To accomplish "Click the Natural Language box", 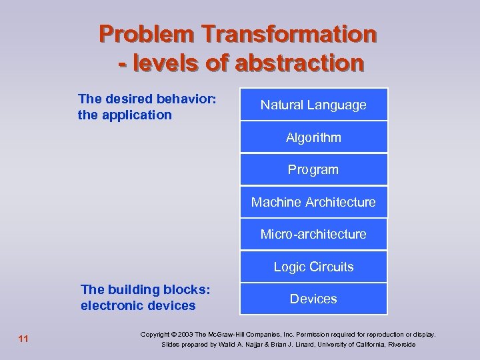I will pyautogui.click(x=313, y=105).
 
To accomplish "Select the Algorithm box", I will pyautogui.click(x=313, y=137).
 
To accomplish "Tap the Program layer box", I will pyautogui.click(x=313, y=169).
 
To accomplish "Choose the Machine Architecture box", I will pyautogui.click(x=313, y=202).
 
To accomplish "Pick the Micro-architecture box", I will pyautogui.click(x=313, y=234).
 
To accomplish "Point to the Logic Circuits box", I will pyautogui.click(x=313, y=267).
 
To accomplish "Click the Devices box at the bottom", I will pyautogui.click(x=313, y=299).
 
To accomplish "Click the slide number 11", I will pyautogui.click(x=23, y=339).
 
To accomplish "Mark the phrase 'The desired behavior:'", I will pyautogui.click(x=147, y=99).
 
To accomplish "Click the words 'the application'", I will pyautogui.click(x=125, y=115).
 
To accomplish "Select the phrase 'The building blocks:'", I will pyautogui.click(x=145, y=289).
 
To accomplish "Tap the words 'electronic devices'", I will pyautogui.click(x=138, y=305).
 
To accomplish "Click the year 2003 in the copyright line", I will pyautogui.click(x=191, y=334).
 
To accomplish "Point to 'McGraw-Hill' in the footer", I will pyautogui.click(x=229, y=334).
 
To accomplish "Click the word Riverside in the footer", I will pyautogui.click(x=400, y=345).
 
